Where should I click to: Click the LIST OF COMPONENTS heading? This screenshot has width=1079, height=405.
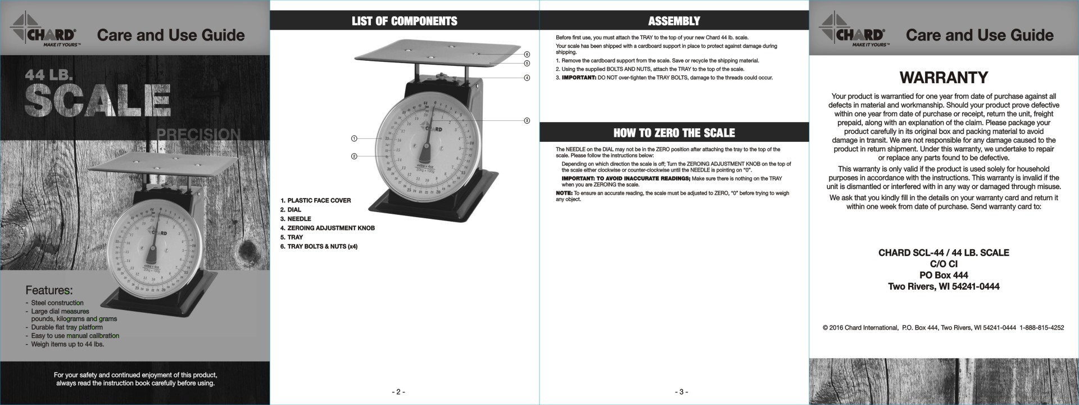pyautogui.click(x=404, y=21)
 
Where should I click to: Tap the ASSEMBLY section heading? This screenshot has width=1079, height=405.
pyautogui.click(x=674, y=21)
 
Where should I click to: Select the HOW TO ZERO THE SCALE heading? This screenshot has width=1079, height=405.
pyautogui.click(x=674, y=133)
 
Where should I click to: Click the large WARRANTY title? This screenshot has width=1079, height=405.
pyautogui.click(x=944, y=77)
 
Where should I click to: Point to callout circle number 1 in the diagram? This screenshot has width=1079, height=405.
pyautogui.click(x=354, y=138)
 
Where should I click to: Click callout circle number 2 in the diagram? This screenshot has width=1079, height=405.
pyautogui.click(x=354, y=156)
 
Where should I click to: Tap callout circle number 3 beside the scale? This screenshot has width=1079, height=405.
pyautogui.click(x=527, y=120)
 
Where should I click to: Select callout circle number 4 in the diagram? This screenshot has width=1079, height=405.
pyautogui.click(x=527, y=78)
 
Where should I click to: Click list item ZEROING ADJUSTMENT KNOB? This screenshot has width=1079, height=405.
pyautogui.click(x=330, y=228)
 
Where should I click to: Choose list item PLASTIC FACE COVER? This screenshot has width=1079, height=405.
pyautogui.click(x=319, y=200)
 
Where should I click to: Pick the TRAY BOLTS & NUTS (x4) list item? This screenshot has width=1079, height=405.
pyautogui.click(x=322, y=246)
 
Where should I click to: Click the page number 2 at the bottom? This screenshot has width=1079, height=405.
pyautogui.click(x=398, y=392)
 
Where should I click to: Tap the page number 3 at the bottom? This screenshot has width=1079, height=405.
pyautogui.click(x=681, y=392)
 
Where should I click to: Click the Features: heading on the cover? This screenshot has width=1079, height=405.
pyautogui.click(x=49, y=290)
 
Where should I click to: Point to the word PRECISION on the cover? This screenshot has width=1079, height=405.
pyautogui.click(x=199, y=134)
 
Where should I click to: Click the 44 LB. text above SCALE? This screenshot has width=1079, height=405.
pyautogui.click(x=48, y=75)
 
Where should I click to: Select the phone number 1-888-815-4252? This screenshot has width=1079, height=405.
pyautogui.click(x=1041, y=327)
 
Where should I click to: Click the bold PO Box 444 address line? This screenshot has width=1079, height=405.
pyautogui.click(x=944, y=275)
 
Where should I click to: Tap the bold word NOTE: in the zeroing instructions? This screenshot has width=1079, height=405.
pyautogui.click(x=564, y=193)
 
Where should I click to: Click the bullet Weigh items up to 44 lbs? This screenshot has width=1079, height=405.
pyautogui.click(x=67, y=344)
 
